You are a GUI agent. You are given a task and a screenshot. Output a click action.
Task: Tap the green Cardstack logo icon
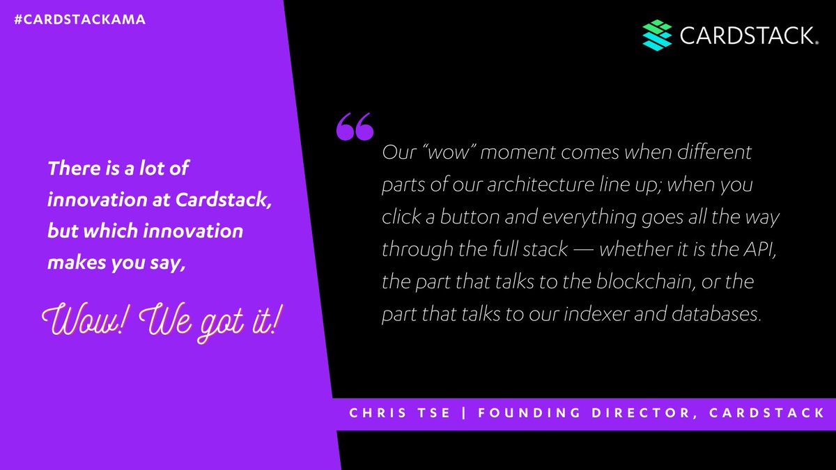pyautogui.click(x=656, y=35)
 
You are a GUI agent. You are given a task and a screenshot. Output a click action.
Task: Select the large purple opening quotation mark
pyautogui.click(x=355, y=126)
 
